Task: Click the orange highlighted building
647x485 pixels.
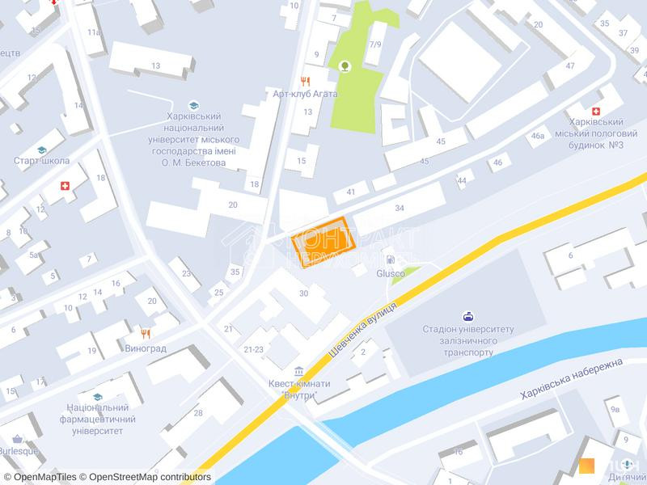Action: (323, 242)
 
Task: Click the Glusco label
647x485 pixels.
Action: (391, 273)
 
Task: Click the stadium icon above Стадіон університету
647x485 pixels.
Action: (467, 316)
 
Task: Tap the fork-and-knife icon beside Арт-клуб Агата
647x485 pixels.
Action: (305, 81)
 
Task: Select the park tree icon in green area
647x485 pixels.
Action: (345, 66)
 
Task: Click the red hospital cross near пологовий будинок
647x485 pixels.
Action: (597, 110)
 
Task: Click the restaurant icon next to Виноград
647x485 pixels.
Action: (146, 333)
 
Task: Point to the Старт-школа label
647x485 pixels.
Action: (41, 161)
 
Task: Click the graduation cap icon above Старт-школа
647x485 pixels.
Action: (41, 150)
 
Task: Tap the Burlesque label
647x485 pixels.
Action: (19, 450)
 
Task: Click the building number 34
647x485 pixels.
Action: (400, 209)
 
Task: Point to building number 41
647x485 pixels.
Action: (350, 192)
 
